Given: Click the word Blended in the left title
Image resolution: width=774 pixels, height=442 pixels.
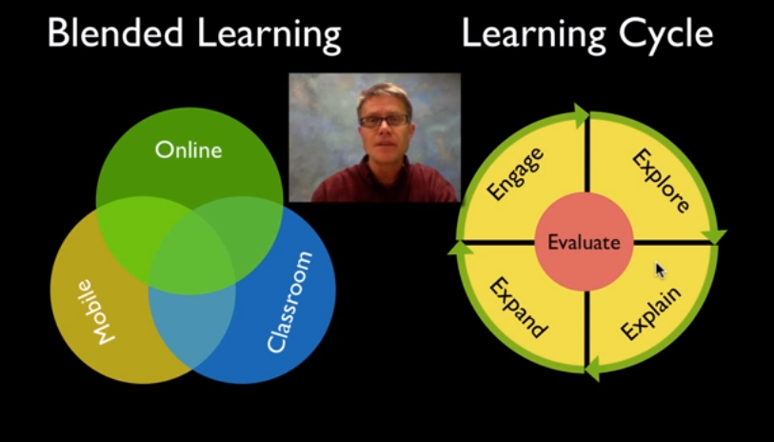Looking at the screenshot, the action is coord(116,33).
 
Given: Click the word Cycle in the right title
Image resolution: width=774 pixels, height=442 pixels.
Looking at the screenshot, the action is coord(665,35).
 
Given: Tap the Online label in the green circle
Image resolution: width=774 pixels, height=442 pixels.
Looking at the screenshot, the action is coord(189,151).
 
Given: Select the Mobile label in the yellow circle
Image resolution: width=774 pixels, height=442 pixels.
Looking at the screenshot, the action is coord(95,312).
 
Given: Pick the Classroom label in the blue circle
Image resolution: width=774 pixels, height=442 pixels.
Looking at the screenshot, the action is coord(289,302).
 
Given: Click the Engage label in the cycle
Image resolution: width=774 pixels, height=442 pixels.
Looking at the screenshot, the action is coord(515,173).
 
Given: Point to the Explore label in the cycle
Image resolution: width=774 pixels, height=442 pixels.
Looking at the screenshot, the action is coord(661,181).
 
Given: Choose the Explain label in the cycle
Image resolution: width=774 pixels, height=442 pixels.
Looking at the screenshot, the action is coord(651,313).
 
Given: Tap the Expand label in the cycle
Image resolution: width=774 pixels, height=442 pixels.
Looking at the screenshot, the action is coord(518,307).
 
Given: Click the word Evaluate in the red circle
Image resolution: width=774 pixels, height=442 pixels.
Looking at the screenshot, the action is coord(584,243).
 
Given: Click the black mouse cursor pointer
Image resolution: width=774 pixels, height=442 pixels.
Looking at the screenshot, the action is coord(660,271).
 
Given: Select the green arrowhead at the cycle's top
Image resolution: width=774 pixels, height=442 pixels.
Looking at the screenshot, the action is coord(581,116).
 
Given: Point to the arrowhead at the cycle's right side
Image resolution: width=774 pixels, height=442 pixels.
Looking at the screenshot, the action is coord(714,236).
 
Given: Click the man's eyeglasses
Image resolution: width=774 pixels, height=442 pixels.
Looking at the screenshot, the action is coord(384,120).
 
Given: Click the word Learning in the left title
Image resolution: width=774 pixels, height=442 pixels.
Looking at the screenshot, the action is coord(269,35).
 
